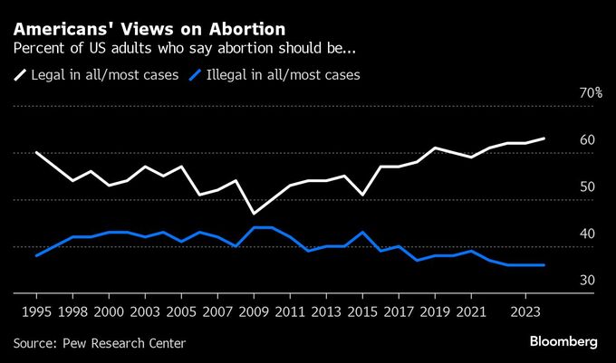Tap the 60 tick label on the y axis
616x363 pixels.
pos(587,140)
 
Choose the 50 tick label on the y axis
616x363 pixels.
pos(587,187)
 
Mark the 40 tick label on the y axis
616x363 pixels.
pos(587,234)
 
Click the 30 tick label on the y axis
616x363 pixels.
pos(587,282)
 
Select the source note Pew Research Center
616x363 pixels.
pos(99,343)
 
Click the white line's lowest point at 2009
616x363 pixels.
pos(254,214)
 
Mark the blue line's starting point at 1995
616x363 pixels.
pos(36,256)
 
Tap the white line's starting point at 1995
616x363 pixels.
pos(36,152)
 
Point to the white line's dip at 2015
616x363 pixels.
pos(362,195)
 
